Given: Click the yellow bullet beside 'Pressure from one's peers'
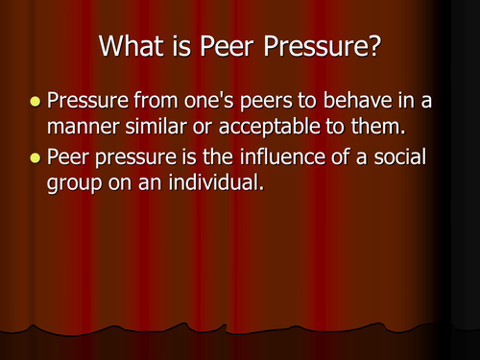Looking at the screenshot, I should point(36,101).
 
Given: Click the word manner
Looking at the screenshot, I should point(79,123).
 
